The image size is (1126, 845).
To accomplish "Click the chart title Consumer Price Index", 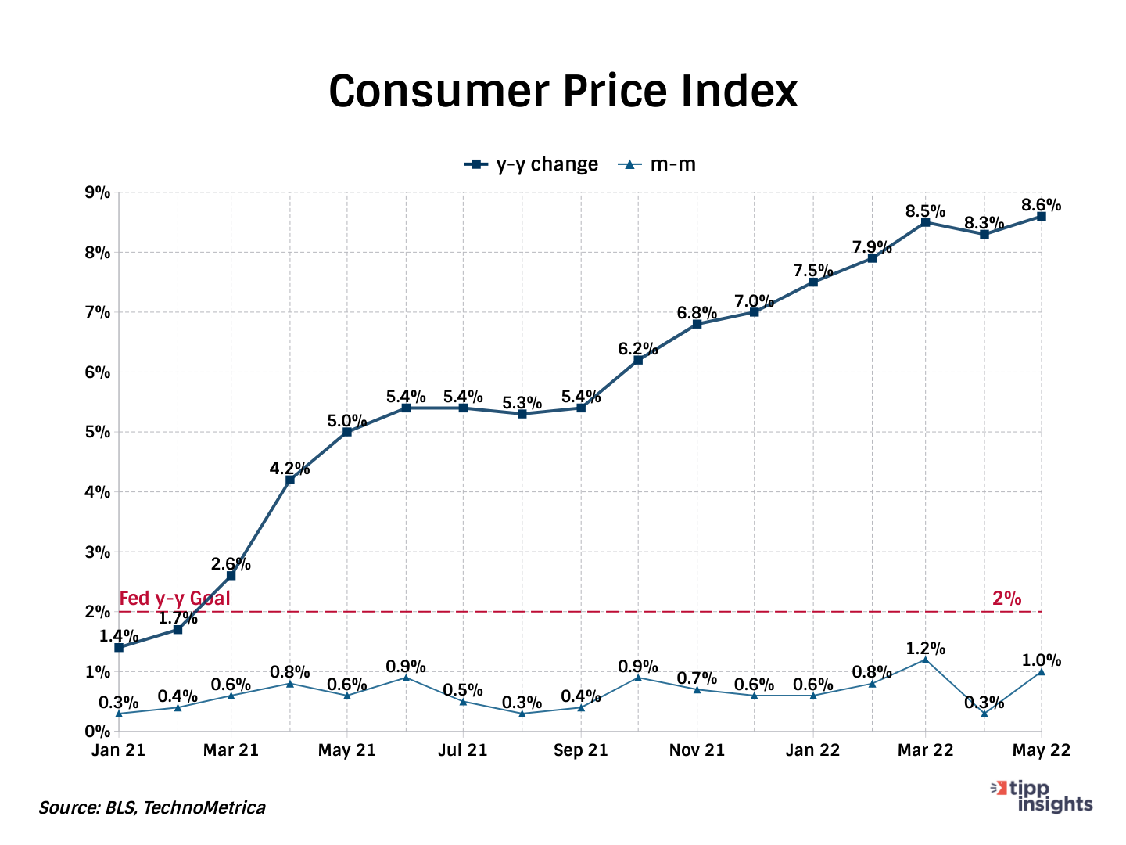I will tap(563, 91).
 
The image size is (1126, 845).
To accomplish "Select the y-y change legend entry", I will tap(532, 164).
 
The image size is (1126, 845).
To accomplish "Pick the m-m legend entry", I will tap(658, 164).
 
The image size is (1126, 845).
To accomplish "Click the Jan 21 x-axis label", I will tap(119, 750).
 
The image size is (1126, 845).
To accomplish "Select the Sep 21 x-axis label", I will tap(581, 750).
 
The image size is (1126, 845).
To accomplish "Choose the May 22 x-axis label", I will tap(1041, 750).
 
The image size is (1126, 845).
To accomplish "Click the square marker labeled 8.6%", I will tap(1041, 216).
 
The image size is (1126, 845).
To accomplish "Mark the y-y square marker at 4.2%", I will tap(290, 480).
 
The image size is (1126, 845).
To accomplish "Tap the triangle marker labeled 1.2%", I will tap(925, 660).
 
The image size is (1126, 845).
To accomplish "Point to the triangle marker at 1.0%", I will tap(1041, 671).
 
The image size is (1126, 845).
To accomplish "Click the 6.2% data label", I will tap(638, 349).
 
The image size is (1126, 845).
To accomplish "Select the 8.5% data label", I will tap(925, 211).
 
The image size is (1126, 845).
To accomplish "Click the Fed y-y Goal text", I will tap(174, 599).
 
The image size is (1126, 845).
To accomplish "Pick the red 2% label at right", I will tap(1006, 599).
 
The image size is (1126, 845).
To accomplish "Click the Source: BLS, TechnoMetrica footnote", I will tap(152, 807).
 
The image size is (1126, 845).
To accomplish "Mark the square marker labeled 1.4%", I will tap(119, 648).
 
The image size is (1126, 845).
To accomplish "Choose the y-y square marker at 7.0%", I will tap(754, 312).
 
